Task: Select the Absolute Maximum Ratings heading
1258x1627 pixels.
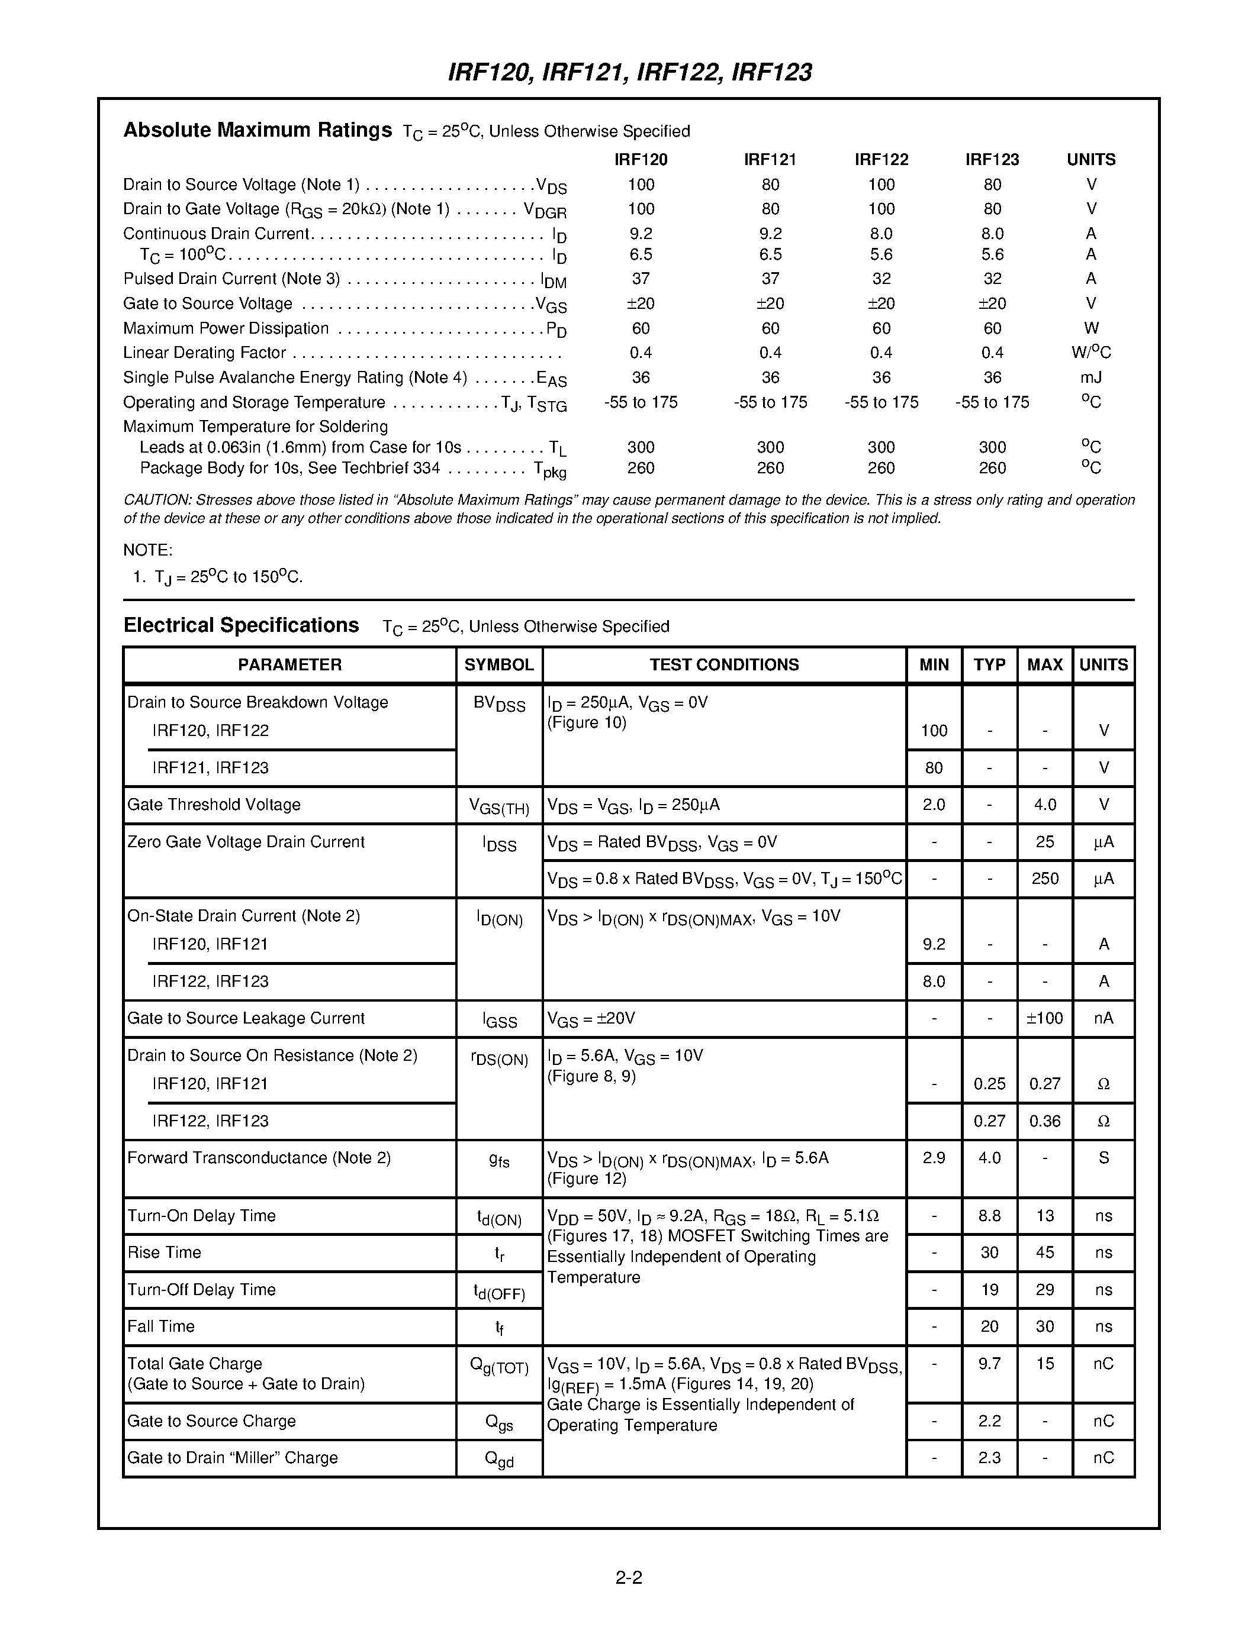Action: pyautogui.click(x=257, y=130)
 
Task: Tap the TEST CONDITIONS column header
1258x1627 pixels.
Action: pyautogui.click(x=723, y=664)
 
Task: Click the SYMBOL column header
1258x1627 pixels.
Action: pyautogui.click(x=498, y=664)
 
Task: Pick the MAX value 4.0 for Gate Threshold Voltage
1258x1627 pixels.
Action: pyautogui.click(x=1045, y=805)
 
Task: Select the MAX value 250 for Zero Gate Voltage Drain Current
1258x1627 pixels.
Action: pyautogui.click(x=1045, y=879)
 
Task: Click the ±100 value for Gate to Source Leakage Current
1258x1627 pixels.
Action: pyautogui.click(x=1045, y=1018)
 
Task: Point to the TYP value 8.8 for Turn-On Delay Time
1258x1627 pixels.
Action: pyautogui.click(x=989, y=1216)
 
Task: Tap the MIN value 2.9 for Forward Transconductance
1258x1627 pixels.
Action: pyautogui.click(x=934, y=1158)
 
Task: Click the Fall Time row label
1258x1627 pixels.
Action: pyautogui.click(x=161, y=1326)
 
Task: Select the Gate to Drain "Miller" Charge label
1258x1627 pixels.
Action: pyautogui.click(x=233, y=1458)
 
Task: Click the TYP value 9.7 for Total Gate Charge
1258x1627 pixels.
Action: pyautogui.click(x=989, y=1363)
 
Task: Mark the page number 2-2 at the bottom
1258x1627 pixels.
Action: pyautogui.click(x=629, y=1577)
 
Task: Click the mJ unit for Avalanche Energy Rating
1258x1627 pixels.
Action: pyautogui.click(x=1091, y=377)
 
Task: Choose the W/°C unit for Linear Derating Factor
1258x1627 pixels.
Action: pyautogui.click(x=1091, y=353)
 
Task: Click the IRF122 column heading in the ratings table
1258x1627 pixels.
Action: pyautogui.click(x=881, y=159)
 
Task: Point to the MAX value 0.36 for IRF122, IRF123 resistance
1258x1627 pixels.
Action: pyautogui.click(x=1045, y=1121)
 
